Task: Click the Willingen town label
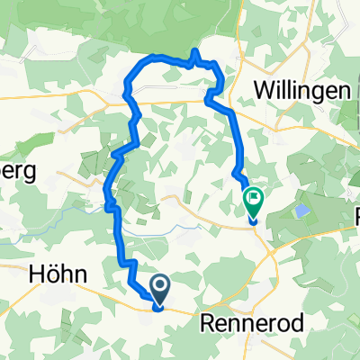pyautogui.click(x=301, y=90)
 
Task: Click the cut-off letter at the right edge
pyautogui.click(x=355, y=216)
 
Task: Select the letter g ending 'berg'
pyautogui.click(x=31, y=175)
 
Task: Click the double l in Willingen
pyautogui.click(x=287, y=90)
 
